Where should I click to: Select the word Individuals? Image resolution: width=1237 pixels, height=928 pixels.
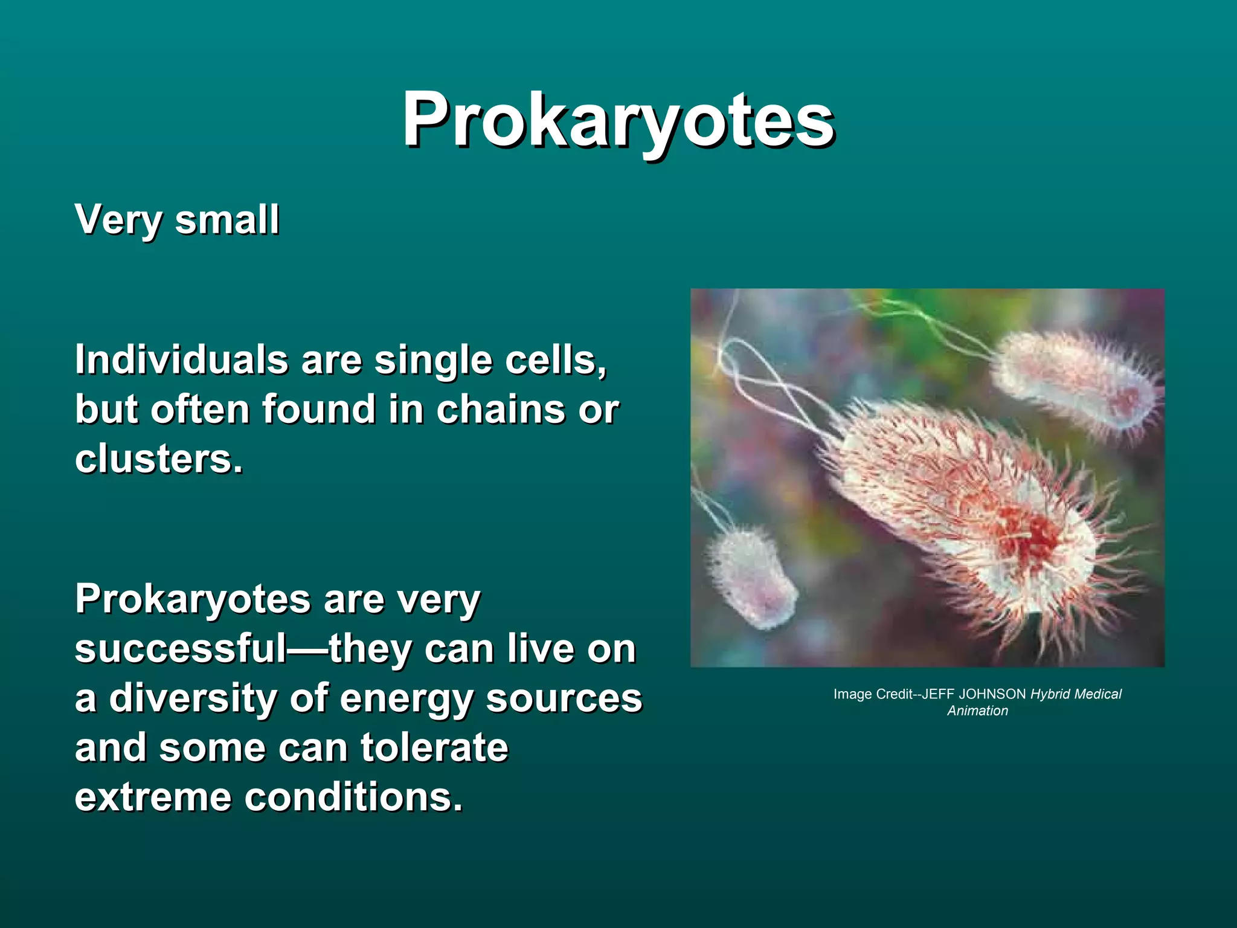pos(181,360)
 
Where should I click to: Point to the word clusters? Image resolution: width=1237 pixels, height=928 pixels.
pos(158,459)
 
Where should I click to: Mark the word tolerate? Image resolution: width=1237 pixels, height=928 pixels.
pos(434,747)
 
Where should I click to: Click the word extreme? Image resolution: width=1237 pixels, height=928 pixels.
pos(153,797)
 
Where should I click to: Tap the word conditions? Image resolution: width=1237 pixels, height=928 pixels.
pos(353,797)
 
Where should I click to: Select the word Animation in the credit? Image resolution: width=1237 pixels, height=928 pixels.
pos(977,711)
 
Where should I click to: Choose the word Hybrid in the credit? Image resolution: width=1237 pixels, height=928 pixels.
pos(1053,694)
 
